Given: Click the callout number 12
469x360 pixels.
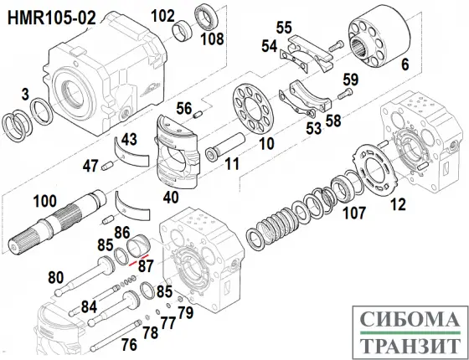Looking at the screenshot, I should (398, 202).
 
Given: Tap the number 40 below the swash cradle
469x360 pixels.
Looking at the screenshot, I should (171, 198).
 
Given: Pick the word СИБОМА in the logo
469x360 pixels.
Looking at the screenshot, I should (407, 319).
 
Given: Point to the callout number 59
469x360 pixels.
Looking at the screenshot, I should (349, 80).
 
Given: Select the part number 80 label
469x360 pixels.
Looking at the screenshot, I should (56, 277).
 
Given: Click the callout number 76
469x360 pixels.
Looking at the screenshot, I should (128, 343).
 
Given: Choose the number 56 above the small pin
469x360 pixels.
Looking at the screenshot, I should (183, 105).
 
